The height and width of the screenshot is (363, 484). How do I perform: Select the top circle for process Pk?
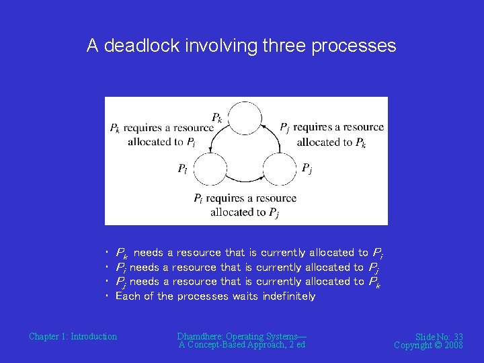coord(243,118)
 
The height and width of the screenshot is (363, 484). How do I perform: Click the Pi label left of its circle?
coord(182,169)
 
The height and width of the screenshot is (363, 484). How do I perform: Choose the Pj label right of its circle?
coord(306,168)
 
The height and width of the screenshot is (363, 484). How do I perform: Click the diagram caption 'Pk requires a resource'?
coord(161,127)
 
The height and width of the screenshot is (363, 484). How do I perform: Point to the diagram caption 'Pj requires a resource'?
coord(331,127)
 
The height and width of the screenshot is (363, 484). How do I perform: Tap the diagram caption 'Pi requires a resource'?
coord(245,198)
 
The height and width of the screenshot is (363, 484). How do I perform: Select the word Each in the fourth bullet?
coord(126,296)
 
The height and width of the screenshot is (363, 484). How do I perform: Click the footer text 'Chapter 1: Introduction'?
coord(73,336)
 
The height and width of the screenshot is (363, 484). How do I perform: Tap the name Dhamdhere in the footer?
coord(200,336)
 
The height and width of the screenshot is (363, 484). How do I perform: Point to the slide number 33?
coord(458,337)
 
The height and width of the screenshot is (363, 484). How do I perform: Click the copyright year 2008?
coord(452,345)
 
